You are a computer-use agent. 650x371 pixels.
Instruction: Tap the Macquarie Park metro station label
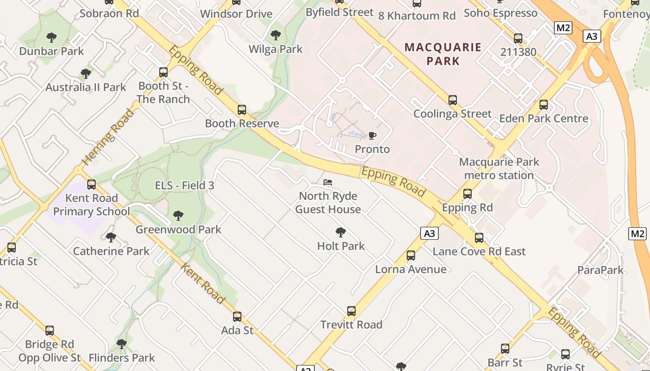click(499, 169)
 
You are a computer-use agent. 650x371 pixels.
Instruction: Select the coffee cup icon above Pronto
click(372, 135)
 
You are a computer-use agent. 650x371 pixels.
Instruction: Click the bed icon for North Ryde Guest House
click(328, 182)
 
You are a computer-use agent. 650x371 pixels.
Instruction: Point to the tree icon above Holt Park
click(341, 232)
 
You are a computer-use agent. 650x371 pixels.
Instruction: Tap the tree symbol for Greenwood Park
click(178, 216)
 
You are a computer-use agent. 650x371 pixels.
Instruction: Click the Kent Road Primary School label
click(91, 205)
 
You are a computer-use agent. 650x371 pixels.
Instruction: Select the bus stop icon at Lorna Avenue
click(410, 256)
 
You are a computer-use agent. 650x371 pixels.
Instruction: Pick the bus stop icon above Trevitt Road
click(351, 311)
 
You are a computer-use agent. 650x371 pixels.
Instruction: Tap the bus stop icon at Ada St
click(237, 317)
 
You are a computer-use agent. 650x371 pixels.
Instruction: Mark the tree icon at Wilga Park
click(276, 35)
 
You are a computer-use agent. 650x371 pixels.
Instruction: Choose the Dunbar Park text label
click(52, 51)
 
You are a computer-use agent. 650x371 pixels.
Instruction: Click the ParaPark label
click(601, 270)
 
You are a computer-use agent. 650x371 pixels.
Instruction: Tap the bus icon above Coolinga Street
click(453, 100)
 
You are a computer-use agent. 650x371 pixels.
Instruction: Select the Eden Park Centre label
click(544, 119)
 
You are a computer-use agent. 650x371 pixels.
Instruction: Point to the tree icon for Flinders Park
click(122, 344)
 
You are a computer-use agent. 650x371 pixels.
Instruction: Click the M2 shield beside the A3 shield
click(563, 28)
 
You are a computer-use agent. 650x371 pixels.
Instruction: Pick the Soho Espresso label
click(500, 13)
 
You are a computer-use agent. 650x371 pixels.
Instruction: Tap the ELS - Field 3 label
click(184, 185)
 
